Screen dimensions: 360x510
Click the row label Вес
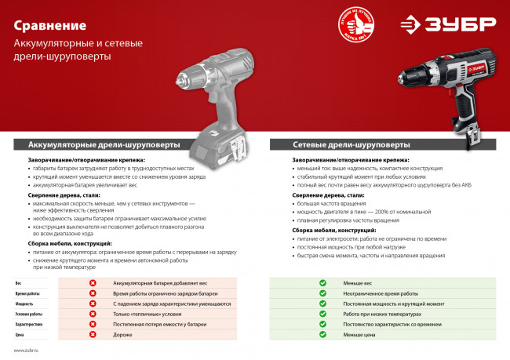18,282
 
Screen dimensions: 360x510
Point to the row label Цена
20,334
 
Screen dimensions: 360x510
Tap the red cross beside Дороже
93,334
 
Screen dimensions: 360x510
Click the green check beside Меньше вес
322,282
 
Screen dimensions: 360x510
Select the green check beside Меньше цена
322,334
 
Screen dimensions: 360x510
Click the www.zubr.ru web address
27,351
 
